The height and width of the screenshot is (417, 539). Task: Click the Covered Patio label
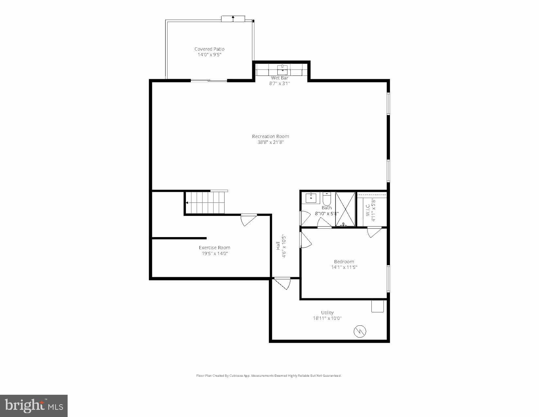(209, 49)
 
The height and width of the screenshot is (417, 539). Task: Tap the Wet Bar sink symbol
(282, 70)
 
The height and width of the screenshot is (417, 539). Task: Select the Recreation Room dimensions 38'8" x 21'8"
(270, 142)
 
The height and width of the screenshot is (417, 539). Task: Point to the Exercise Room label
(214, 248)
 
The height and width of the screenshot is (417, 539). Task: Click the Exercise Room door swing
(248, 220)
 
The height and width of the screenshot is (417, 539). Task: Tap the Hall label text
(278, 246)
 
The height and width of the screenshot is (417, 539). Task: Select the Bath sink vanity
(311, 198)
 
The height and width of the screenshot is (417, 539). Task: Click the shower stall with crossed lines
(345, 209)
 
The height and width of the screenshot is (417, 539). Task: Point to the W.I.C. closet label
(368, 210)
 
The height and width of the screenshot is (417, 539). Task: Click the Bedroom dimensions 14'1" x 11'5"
(344, 267)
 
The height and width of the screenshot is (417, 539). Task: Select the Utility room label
(327, 313)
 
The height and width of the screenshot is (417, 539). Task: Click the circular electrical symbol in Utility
(360, 332)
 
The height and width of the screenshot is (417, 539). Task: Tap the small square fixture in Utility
(377, 306)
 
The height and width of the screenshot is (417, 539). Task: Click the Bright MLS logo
(34, 406)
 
